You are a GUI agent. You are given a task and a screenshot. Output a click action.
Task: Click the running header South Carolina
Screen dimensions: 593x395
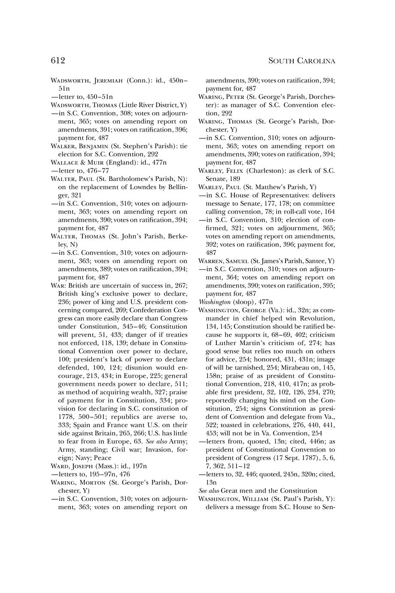(301, 61)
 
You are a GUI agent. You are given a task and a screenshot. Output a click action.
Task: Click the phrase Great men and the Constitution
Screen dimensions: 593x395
(269, 490)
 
